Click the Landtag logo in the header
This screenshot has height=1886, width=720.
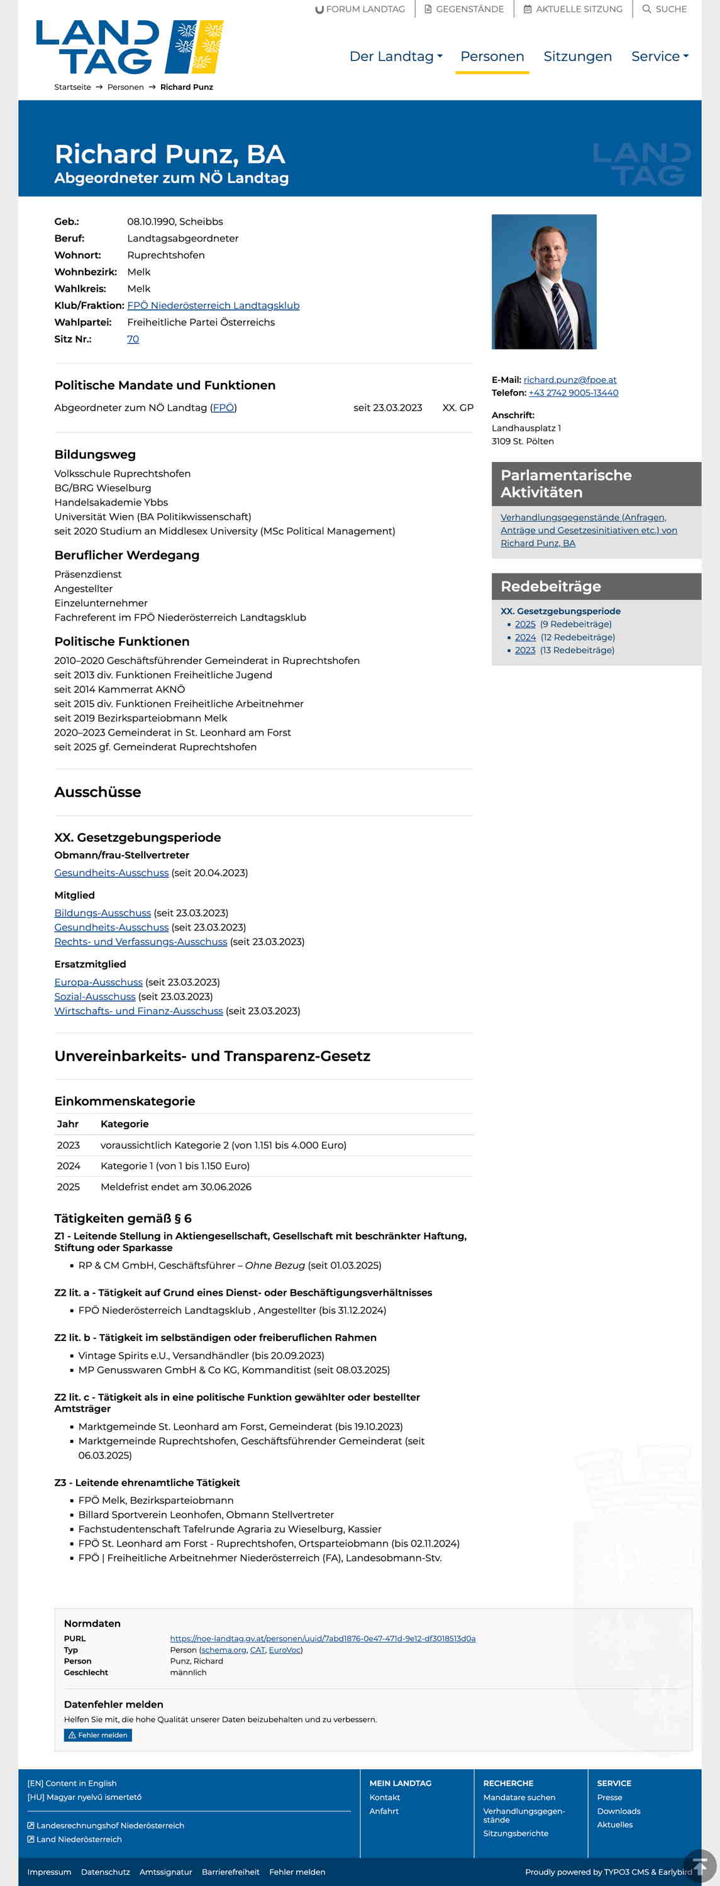129,47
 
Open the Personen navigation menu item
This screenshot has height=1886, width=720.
492,57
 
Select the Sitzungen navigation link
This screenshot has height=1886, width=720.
577,57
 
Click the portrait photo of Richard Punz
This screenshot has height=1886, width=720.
543,281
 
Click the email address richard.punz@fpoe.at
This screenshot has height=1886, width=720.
570,379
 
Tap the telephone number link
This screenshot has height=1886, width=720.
573,392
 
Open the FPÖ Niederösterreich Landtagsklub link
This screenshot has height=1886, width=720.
213,306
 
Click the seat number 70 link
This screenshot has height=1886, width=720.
133,339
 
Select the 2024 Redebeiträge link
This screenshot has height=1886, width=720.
524,637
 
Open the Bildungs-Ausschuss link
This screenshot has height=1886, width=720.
102,913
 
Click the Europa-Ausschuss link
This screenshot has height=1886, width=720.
98,982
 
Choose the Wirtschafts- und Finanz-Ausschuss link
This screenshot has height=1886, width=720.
138,1010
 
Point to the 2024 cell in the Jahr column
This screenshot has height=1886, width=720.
69,1166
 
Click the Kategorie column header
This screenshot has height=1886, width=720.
125,1124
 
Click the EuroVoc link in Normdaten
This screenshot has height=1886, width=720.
285,1650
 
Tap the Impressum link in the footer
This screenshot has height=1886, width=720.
49,1872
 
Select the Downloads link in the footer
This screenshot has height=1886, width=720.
618,1811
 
